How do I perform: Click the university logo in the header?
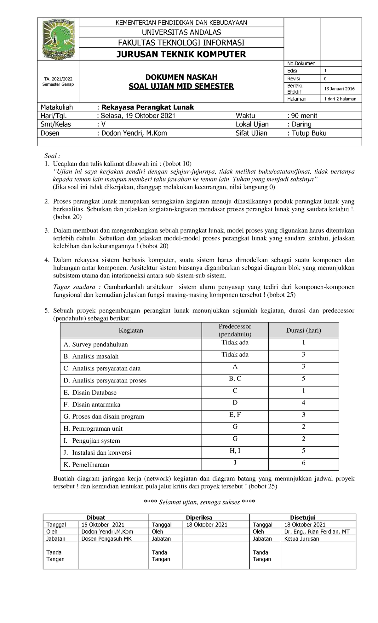click(x=58, y=39)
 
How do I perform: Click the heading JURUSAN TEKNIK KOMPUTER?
click(x=181, y=54)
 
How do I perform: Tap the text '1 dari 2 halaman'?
click(x=340, y=99)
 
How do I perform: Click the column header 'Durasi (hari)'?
click(x=303, y=330)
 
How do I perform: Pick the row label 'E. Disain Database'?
click(x=90, y=393)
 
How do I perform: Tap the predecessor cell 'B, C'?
click(x=235, y=379)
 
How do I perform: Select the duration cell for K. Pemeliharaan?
click(x=304, y=463)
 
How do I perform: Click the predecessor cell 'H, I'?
click(x=235, y=451)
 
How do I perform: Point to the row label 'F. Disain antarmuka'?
click(x=92, y=405)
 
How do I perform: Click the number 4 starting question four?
click(x=47, y=260)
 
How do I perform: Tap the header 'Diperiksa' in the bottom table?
click(x=199, y=517)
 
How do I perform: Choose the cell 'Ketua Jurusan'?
click(x=301, y=539)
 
